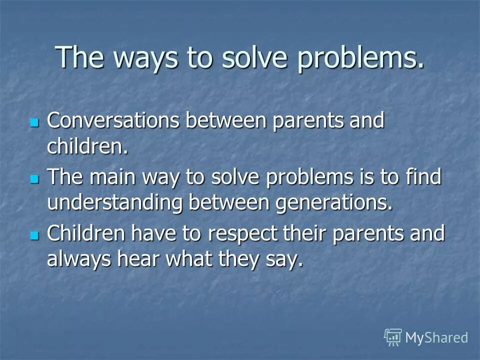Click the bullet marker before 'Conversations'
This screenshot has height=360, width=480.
[x=34, y=122]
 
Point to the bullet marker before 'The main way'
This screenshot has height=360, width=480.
[x=34, y=178]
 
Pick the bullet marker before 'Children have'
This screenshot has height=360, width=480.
[x=34, y=234]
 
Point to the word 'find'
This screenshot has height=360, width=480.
[x=423, y=177]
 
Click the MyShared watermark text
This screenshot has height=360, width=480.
[x=436, y=337]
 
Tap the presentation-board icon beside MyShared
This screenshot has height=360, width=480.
[x=393, y=337]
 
